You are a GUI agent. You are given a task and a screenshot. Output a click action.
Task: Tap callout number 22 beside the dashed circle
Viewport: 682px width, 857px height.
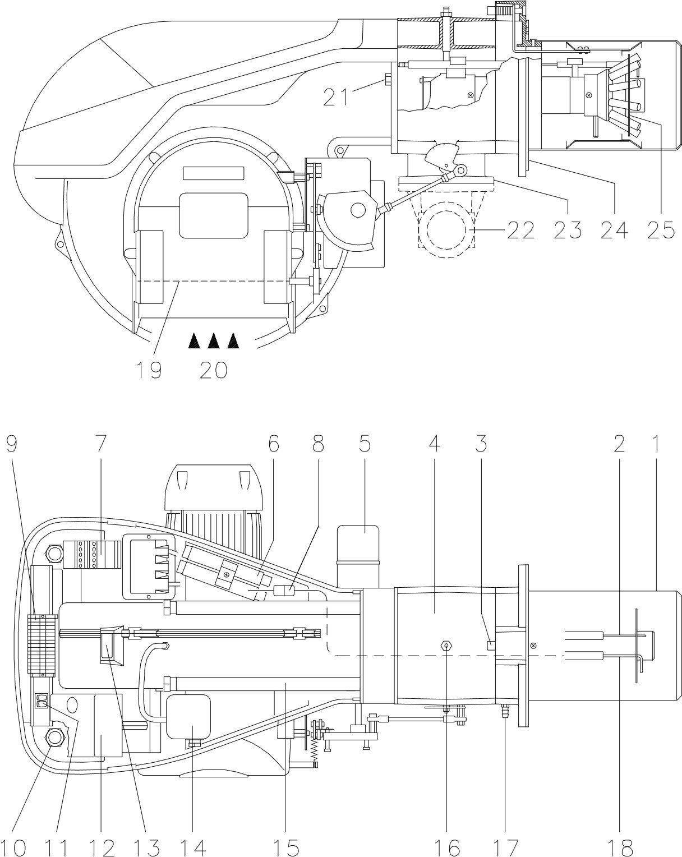(x=522, y=229)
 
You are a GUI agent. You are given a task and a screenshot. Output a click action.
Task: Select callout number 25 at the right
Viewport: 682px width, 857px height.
(x=660, y=229)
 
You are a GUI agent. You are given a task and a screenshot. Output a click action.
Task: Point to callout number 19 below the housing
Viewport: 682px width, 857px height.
(x=148, y=370)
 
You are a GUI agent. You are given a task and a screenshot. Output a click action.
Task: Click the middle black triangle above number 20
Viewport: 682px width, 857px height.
(x=213, y=340)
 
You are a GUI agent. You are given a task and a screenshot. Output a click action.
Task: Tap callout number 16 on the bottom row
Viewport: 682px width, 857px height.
(x=446, y=846)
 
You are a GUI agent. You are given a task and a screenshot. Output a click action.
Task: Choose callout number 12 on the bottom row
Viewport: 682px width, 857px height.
(x=102, y=846)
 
